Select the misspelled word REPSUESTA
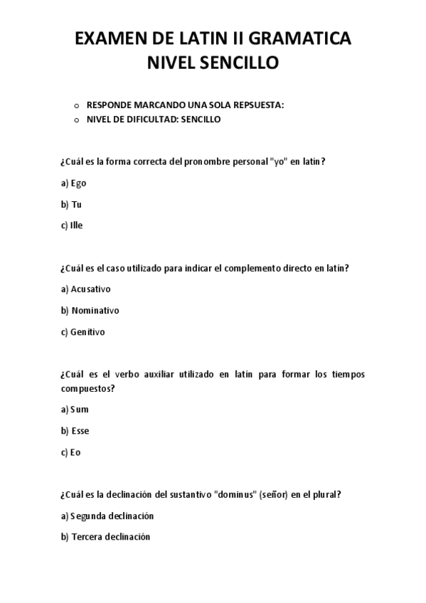tap(256, 105)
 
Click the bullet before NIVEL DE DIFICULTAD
tap(76, 119)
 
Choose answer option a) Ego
tap(74, 183)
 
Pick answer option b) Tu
tap(72, 204)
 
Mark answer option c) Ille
tap(73, 225)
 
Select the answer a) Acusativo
tap(86, 289)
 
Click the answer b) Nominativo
tap(90, 311)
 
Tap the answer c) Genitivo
tap(83, 332)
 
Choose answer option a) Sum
tap(75, 410)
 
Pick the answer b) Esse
tap(75, 431)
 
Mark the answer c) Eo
tap(71, 452)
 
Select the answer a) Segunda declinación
tap(107, 516)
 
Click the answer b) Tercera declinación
tap(106, 538)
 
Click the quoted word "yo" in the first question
tap(279, 161)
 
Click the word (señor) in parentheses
tap(275, 495)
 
